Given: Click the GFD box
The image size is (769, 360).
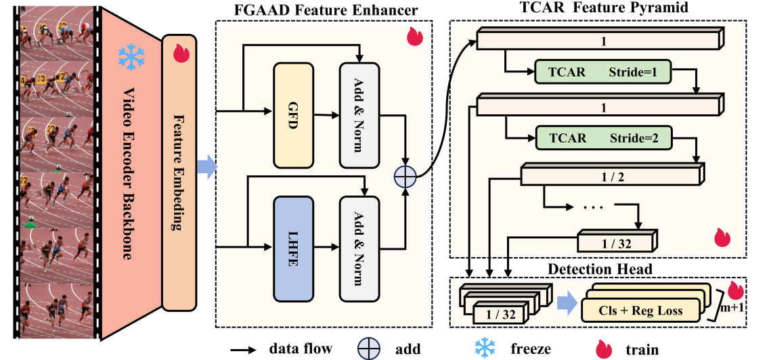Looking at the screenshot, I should coord(293,116).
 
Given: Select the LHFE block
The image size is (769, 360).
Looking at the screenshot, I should coord(293,250).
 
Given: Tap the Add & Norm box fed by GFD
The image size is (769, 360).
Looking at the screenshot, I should coord(359,116).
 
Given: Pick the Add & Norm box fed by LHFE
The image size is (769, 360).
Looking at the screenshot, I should coord(359,250).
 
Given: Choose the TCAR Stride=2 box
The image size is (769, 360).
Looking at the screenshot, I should coord(602,138).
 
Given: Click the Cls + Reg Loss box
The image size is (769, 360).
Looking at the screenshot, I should coord(640,311).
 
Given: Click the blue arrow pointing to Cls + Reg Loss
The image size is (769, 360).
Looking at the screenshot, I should coord(567,305).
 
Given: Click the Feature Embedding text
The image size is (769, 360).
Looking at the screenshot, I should coord(179,173).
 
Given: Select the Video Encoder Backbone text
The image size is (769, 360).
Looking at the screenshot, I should coord(129,173).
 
